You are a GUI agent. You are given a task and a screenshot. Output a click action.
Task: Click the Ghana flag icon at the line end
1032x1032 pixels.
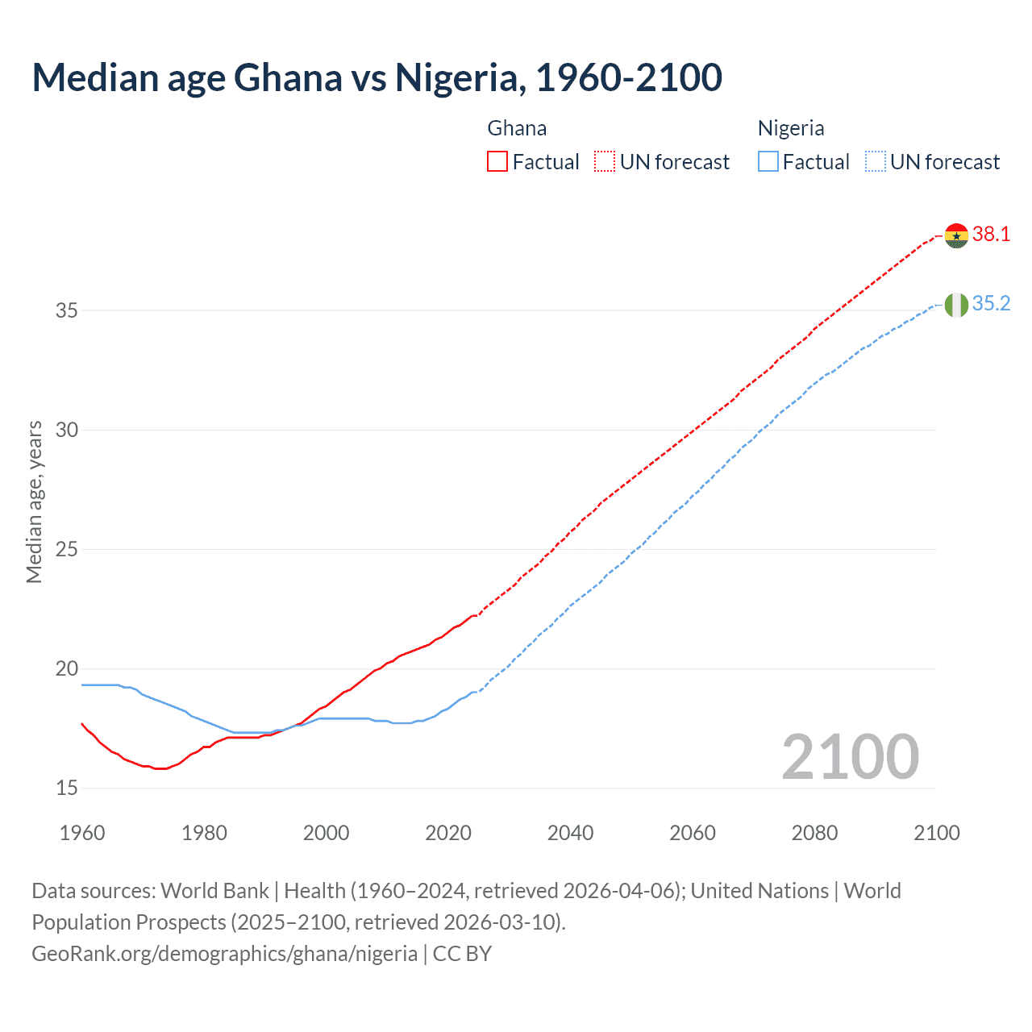tap(956, 235)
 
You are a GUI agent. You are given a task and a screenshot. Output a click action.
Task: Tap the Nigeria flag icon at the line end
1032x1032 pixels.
tap(956, 305)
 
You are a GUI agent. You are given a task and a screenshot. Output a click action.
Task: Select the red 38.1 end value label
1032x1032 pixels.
tap(991, 235)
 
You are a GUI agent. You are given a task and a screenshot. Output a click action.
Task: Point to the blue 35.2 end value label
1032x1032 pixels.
tap(991, 304)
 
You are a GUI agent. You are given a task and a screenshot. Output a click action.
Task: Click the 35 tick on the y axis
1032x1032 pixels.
tap(67, 310)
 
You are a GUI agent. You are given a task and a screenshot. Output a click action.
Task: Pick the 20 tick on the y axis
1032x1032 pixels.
tap(67, 668)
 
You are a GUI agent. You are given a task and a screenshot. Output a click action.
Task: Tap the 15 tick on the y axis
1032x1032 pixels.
tap(67, 788)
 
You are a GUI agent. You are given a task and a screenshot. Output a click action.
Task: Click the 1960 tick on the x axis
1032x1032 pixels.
tap(82, 833)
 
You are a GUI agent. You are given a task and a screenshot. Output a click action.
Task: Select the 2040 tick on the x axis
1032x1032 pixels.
tap(570, 833)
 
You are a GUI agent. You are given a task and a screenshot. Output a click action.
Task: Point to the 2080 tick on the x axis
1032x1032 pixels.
tap(814, 833)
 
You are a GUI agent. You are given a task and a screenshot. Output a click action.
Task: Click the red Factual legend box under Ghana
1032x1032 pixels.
tap(497, 162)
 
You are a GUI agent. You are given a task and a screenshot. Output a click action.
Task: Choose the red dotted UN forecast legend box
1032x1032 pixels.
tap(605, 162)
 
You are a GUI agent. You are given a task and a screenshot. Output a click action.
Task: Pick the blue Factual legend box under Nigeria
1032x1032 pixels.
tap(768, 162)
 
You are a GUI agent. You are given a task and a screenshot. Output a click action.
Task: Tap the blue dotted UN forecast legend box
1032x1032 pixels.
tap(876, 162)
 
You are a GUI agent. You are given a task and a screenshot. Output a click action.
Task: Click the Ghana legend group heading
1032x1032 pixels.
tap(517, 128)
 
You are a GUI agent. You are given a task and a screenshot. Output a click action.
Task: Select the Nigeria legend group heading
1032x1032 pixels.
tap(791, 128)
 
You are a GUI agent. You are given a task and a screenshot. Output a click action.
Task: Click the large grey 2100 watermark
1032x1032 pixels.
tap(850, 756)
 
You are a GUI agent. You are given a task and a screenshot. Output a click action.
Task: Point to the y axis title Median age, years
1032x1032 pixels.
tap(34, 501)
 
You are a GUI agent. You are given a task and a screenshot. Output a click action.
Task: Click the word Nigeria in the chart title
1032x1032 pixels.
tap(459, 77)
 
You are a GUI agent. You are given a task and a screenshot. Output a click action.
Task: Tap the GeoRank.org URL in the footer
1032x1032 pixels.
tap(224, 954)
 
